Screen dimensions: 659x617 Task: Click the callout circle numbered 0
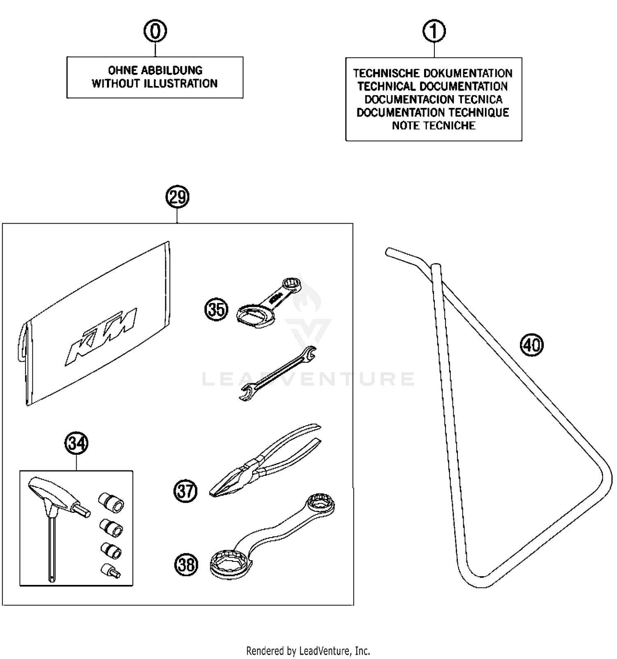155,31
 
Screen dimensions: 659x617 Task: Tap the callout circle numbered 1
434,31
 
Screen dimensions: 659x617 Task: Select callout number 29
177,198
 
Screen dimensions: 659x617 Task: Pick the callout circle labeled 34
77,444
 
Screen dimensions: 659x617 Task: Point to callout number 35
216,309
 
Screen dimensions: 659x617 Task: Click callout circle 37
185,491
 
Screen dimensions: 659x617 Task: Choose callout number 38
186,564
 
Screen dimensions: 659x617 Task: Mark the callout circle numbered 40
532,345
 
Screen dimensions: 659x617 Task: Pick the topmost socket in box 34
111,502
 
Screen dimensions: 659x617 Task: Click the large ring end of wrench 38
230,562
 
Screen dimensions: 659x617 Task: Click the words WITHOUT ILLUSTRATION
155,84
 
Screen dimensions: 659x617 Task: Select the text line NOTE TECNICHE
434,126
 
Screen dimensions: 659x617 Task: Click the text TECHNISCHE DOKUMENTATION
433,73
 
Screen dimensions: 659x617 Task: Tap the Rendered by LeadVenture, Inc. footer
308,651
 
